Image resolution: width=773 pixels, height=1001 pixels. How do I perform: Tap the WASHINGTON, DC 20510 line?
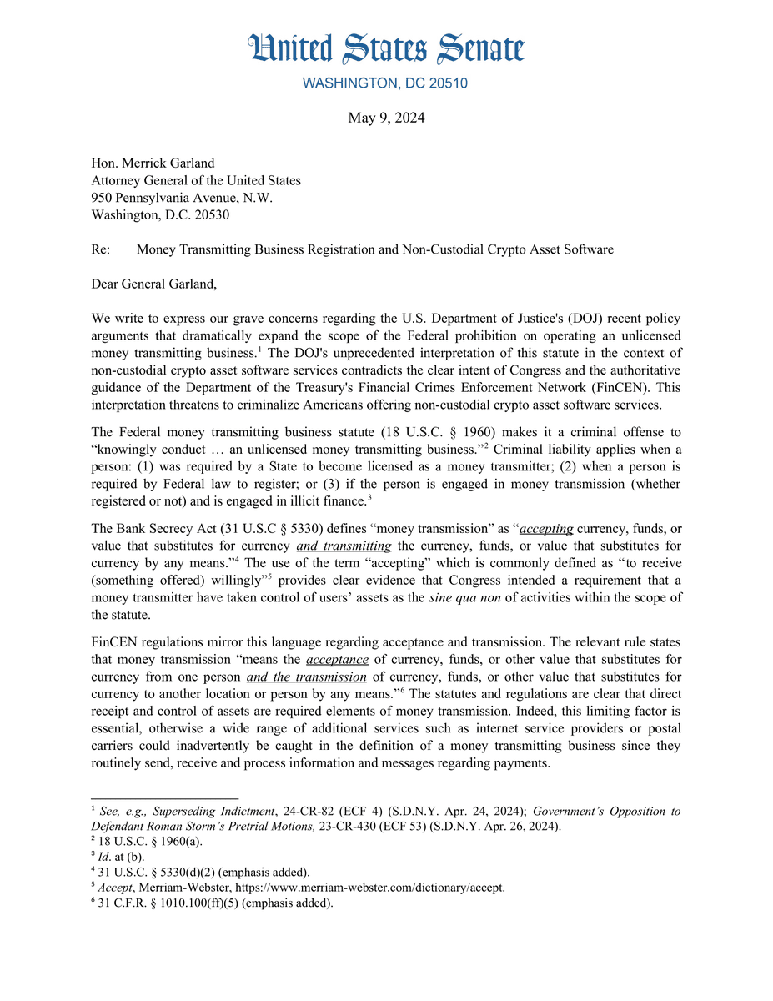click(385, 83)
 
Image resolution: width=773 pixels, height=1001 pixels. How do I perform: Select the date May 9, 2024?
click(386, 118)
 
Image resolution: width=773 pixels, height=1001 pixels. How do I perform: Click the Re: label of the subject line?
click(100, 249)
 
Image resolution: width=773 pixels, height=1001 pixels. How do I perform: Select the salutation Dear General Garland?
click(153, 284)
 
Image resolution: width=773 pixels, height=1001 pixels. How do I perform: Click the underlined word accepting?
click(546, 528)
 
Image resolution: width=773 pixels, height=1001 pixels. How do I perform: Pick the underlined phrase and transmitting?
click(344, 546)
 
